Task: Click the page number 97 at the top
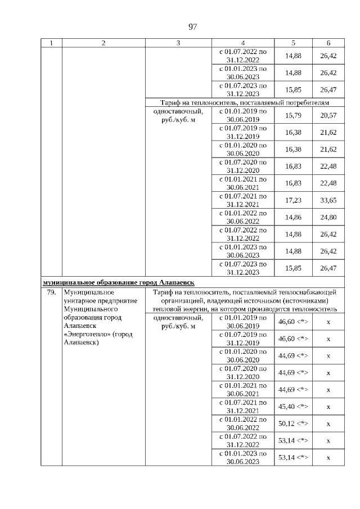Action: point(192,26)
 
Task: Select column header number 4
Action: point(242,43)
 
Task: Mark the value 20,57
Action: point(328,115)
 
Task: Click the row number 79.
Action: point(51,292)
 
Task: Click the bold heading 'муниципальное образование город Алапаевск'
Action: point(119,282)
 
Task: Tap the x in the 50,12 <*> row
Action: point(328,424)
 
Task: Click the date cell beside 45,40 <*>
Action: point(242,407)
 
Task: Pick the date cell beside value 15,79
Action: point(242,115)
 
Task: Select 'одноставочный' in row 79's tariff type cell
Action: point(177,318)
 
